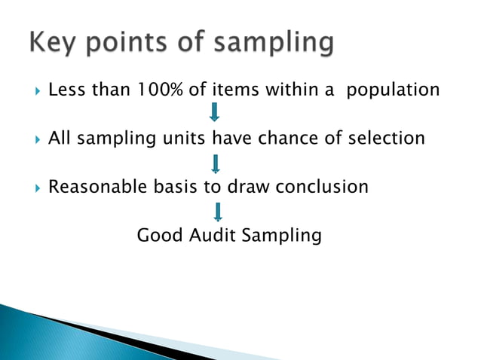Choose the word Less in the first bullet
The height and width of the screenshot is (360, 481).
[66, 90]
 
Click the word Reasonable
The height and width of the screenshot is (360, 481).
[96, 186]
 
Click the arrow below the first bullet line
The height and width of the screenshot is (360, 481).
[215, 114]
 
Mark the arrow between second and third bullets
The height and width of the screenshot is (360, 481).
[216, 163]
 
